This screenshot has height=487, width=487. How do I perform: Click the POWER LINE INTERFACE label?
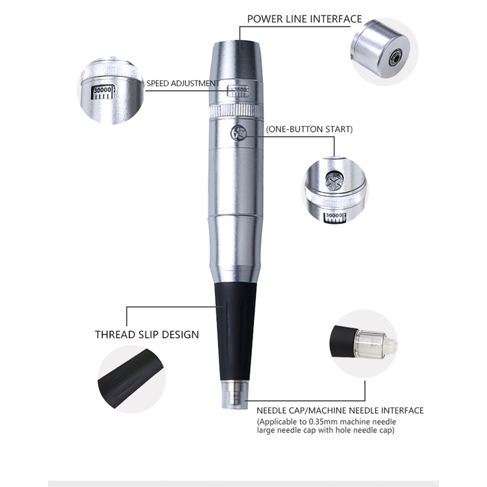click(305, 19)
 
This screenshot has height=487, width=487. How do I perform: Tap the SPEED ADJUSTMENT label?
click(183, 84)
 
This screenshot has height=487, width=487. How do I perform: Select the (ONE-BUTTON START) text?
click(309, 129)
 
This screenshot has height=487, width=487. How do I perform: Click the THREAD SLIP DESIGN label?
click(147, 334)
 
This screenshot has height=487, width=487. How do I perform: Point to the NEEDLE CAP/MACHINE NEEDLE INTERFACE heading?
click(340, 410)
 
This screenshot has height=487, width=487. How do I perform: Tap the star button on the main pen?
click(238, 133)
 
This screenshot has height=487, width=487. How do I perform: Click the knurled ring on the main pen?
click(236, 111)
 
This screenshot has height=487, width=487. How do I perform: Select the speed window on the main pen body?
click(238, 91)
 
